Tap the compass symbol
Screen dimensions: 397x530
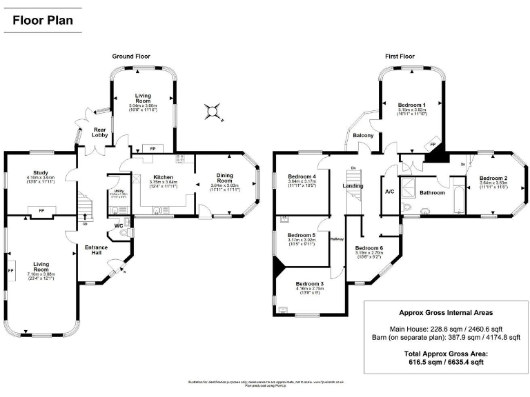(x=214, y=110)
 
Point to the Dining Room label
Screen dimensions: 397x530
(x=225, y=176)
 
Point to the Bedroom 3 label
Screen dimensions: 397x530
(x=310, y=283)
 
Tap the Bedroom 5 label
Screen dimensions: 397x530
(x=301, y=235)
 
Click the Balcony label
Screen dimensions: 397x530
(x=363, y=136)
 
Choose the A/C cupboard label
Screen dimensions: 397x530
(x=389, y=192)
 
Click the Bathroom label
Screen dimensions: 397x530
(x=433, y=192)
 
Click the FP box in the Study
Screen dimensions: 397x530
(x=41, y=210)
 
